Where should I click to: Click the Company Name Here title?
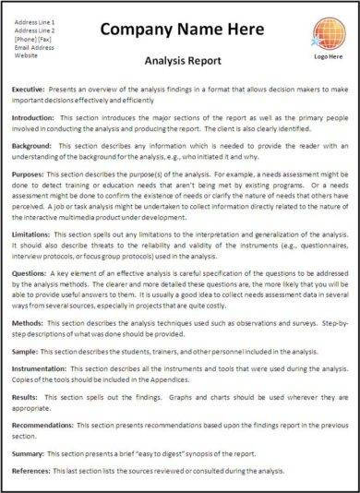tap(182, 30)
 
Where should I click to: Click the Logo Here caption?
tap(330, 56)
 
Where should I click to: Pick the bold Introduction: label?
tap(37, 119)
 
